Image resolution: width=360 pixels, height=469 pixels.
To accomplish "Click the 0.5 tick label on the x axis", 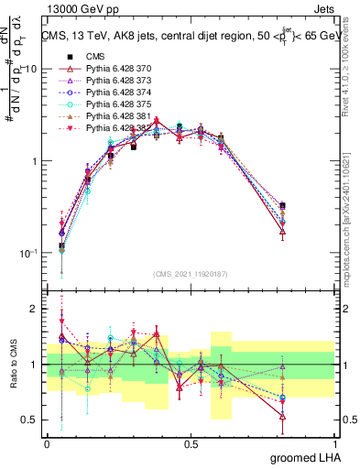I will [x=191, y=442].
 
